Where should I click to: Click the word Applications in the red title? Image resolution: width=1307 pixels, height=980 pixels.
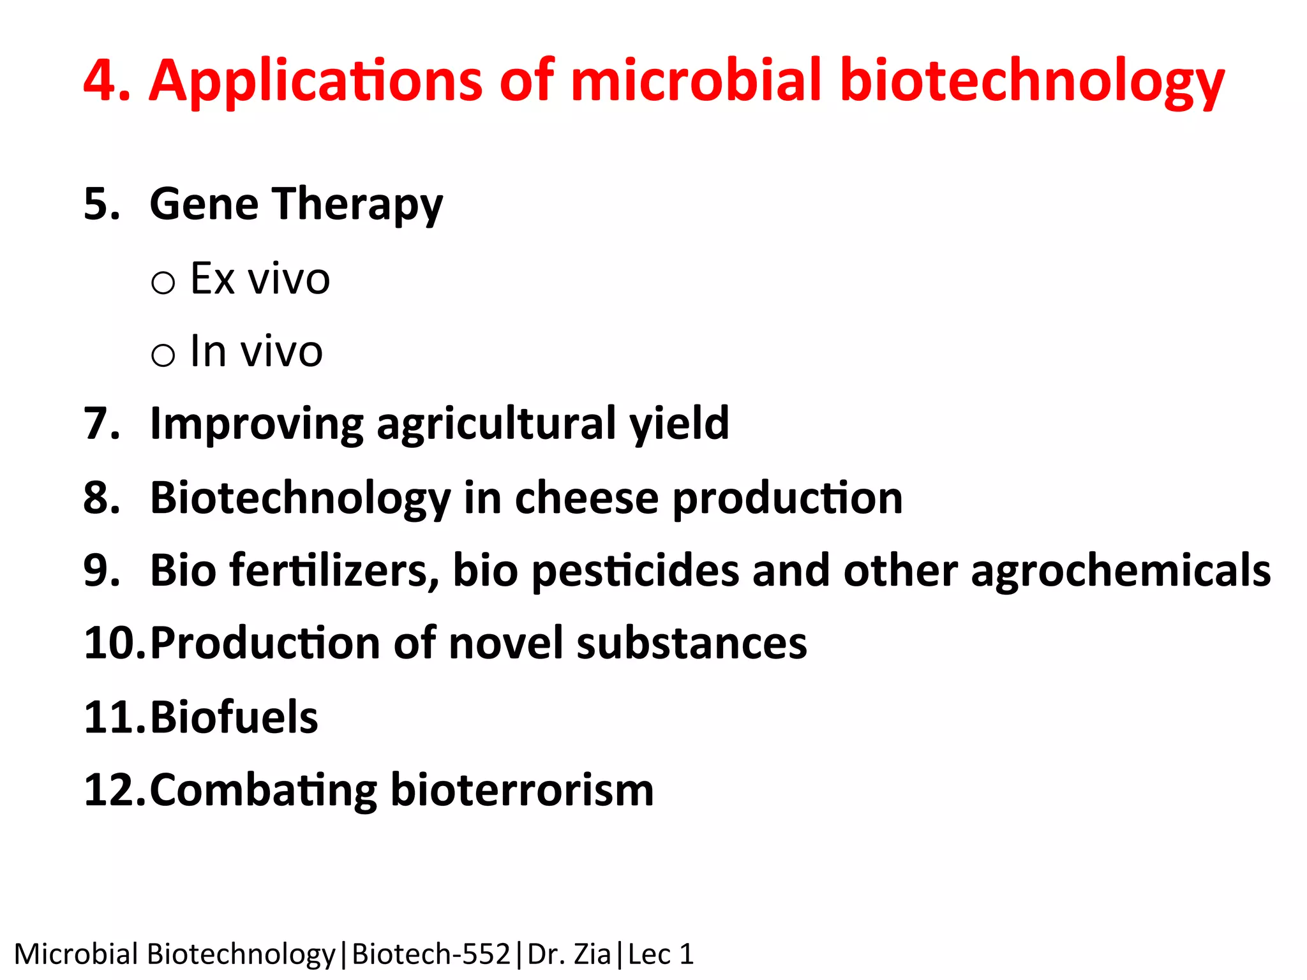(315, 81)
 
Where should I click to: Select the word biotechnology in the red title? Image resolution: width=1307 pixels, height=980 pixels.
(1032, 81)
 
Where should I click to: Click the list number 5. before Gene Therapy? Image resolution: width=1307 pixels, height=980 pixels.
(101, 204)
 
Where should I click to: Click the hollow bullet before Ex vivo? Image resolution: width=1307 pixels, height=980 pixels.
(163, 282)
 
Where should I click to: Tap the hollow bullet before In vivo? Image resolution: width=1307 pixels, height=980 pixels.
(163, 355)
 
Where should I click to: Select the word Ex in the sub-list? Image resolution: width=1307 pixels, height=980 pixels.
(213, 279)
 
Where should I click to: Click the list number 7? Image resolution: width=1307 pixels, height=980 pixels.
(101, 424)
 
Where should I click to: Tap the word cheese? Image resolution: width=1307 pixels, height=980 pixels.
(586, 498)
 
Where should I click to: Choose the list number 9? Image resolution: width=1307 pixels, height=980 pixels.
(101, 570)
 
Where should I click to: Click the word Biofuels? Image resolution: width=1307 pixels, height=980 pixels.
(234, 717)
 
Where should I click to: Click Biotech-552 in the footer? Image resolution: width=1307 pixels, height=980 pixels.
(431, 954)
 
